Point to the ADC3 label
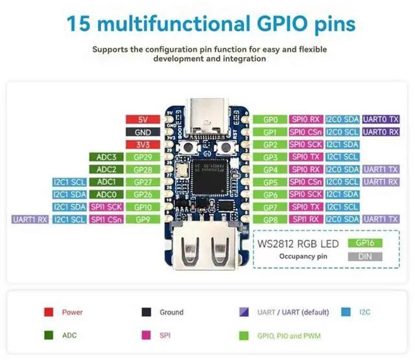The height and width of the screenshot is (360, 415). tap(106, 157)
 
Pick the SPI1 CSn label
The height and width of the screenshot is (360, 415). tap(106, 219)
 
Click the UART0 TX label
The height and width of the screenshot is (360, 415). tap(381, 120)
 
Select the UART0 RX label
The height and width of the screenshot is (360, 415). tap(381, 132)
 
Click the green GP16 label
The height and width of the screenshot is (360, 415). tap(365, 243)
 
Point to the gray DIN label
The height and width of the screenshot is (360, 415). tap(365, 257)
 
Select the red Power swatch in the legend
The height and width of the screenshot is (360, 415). tap(48, 312)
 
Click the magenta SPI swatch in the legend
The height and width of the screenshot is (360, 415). tap(147, 335)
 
